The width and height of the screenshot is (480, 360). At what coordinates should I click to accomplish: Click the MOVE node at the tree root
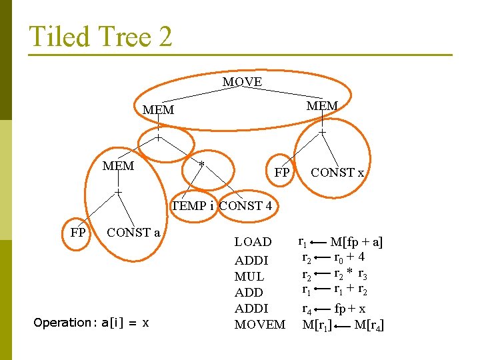tap(242, 82)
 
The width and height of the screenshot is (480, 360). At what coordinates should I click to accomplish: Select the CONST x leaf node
tap(337, 173)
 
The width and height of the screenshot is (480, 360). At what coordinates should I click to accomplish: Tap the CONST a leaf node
tap(133, 233)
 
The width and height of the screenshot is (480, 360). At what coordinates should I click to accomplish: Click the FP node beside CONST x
tap(282, 173)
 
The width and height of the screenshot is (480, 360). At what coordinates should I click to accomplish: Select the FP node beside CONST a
tap(77, 233)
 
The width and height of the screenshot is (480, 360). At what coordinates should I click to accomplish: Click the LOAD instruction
tap(253, 242)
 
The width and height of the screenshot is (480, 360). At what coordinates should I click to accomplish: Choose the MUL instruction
tap(249, 276)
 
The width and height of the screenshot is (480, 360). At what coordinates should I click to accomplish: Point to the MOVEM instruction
tap(259, 325)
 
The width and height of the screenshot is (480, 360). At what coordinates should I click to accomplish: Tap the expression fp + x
tap(351, 309)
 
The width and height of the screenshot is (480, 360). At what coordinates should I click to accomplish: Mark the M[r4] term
tap(369, 325)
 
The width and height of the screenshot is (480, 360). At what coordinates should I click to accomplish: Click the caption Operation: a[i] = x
tap(91, 323)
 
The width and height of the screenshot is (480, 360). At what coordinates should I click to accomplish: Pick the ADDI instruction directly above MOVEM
tap(251, 309)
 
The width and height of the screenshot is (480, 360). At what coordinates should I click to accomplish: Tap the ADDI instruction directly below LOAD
tap(251, 260)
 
